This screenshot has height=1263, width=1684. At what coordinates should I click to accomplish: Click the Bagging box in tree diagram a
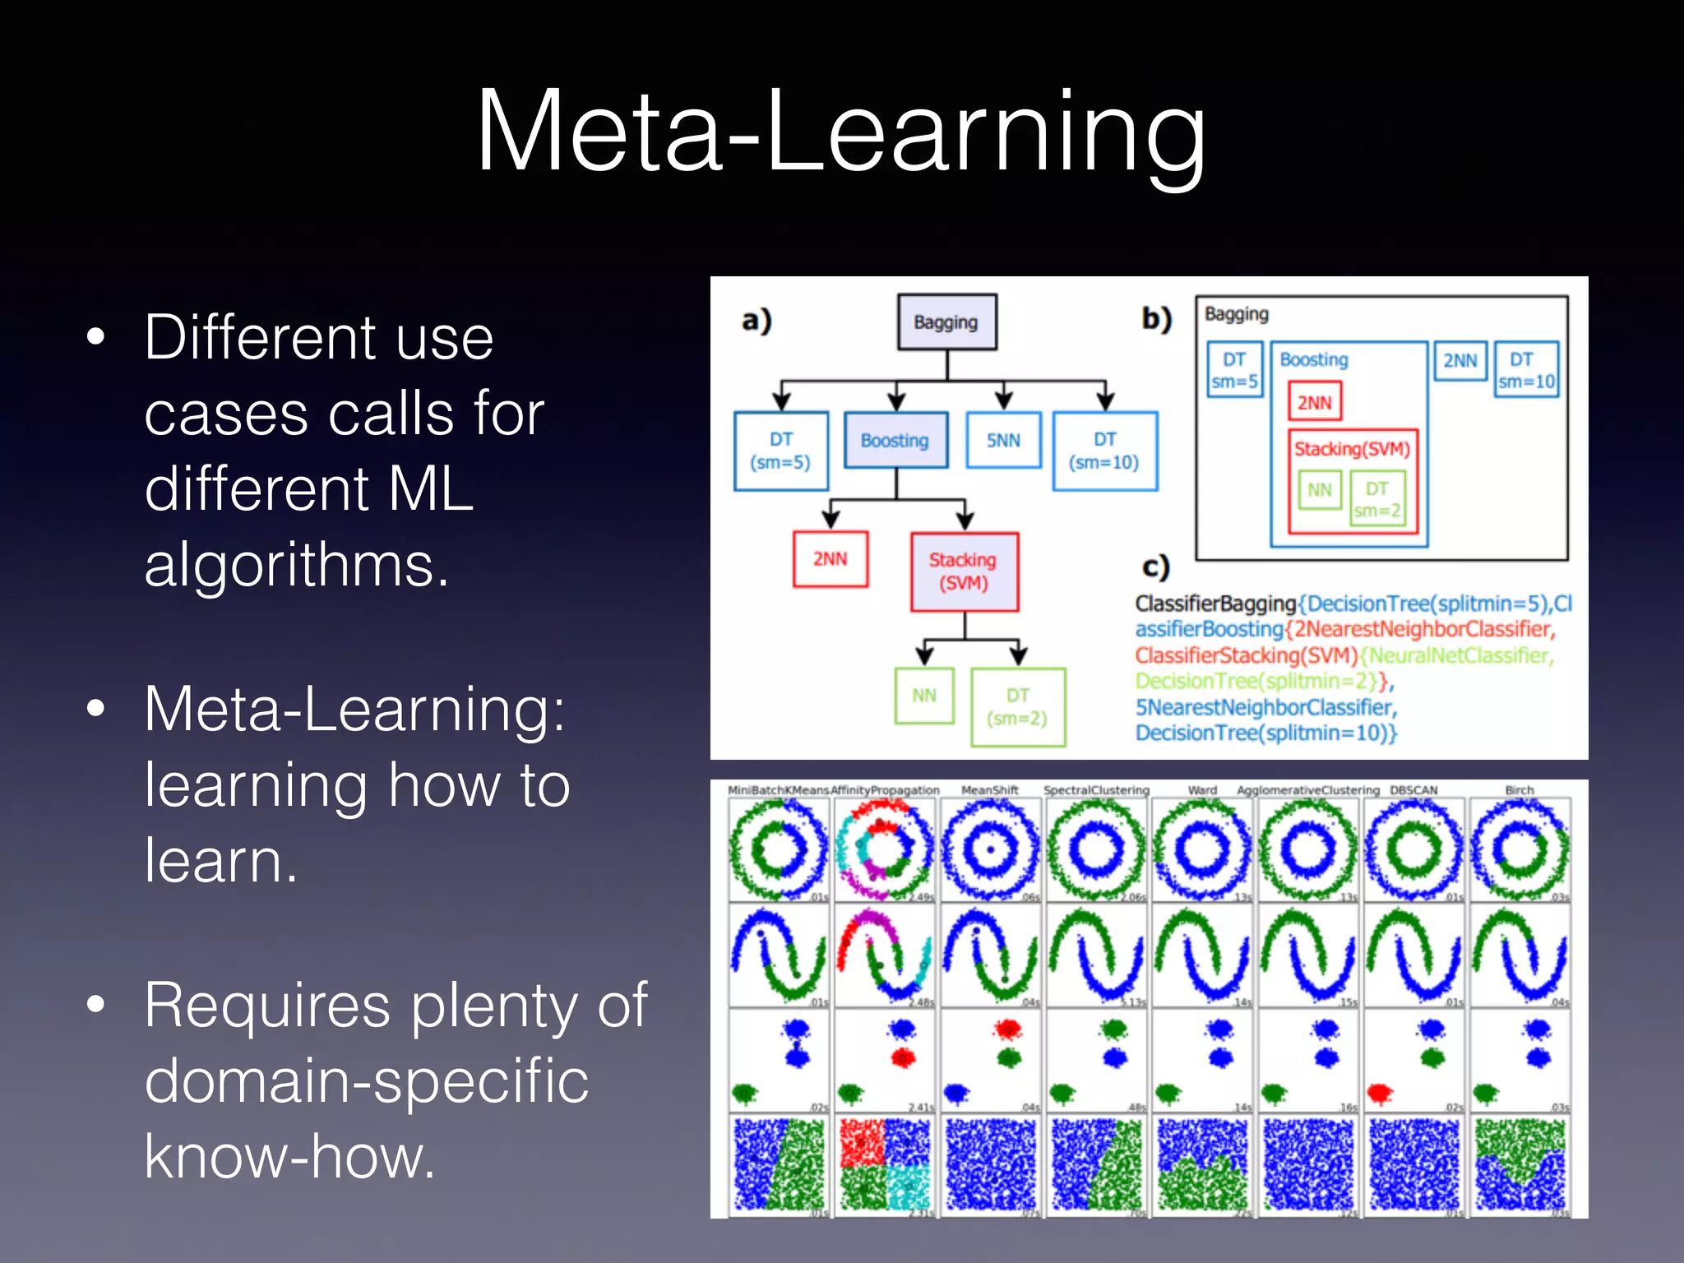pyautogui.click(x=946, y=322)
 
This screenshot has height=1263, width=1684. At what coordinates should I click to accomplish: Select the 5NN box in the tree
pyautogui.click(x=1003, y=440)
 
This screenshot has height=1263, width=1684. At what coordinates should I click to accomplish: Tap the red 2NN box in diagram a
pyautogui.click(x=830, y=559)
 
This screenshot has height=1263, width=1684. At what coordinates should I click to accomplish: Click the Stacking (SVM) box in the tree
pyautogui.click(x=964, y=571)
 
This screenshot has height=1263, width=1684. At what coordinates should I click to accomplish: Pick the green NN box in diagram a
pyautogui.click(x=924, y=696)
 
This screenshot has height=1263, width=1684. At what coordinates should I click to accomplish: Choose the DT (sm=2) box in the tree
pyautogui.click(x=1017, y=707)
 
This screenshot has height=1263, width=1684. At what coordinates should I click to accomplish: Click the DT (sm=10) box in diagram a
pyautogui.click(x=1104, y=451)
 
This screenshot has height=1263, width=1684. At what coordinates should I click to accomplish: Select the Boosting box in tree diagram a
pyautogui.click(x=895, y=440)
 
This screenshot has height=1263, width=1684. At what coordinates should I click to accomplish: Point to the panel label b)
pyautogui.click(x=1156, y=319)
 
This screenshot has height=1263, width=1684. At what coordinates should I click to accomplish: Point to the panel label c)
pyautogui.click(x=1155, y=567)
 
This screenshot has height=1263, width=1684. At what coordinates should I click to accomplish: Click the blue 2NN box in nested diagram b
pyautogui.click(x=1460, y=360)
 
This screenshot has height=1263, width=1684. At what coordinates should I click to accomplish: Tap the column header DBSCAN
pyautogui.click(x=1413, y=790)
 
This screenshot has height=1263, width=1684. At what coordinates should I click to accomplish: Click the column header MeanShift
pyautogui.click(x=989, y=790)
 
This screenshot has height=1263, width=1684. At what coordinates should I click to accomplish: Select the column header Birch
pyautogui.click(x=1519, y=790)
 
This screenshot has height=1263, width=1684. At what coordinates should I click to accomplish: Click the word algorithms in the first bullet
pyautogui.click(x=296, y=565)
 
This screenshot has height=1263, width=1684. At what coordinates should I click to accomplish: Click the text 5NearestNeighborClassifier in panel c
pyautogui.click(x=1265, y=707)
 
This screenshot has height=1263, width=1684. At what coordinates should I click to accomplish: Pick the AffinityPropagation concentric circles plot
pyautogui.click(x=884, y=849)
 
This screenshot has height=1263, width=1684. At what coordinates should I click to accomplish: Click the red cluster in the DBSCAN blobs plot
pyautogui.click(x=1380, y=1093)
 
